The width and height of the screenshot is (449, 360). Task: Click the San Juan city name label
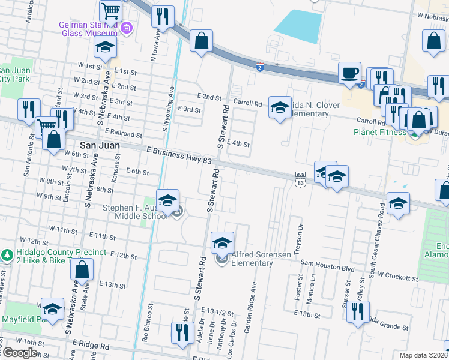pos(100,145)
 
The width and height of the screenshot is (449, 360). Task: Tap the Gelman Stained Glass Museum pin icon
pos(126,28)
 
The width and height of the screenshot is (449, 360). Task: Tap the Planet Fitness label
pos(379,132)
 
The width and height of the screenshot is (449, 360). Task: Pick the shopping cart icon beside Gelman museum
pos(111,11)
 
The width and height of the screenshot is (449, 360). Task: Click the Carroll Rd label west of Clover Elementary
pos(248,103)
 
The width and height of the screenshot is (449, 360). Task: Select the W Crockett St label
pos(393,278)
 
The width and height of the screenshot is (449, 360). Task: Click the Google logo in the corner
pos(19,353)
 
